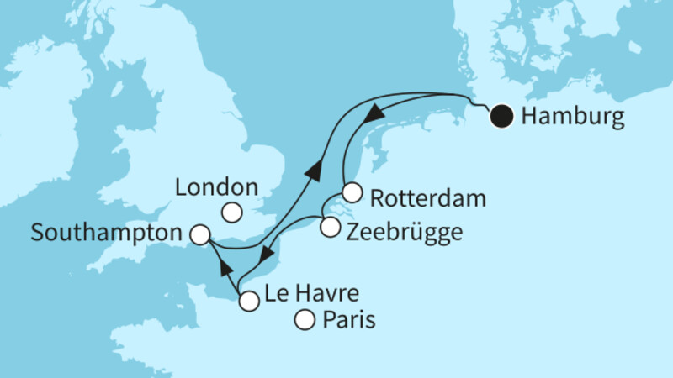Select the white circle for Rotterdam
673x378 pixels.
[x=352, y=192]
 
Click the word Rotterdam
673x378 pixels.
[x=427, y=198]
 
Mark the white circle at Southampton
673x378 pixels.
[x=200, y=235]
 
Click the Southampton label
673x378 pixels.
[x=107, y=232]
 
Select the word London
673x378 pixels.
[x=215, y=186]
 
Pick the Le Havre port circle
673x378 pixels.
[x=248, y=301]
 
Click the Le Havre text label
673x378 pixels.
[x=311, y=295]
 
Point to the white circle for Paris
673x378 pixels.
[x=305, y=320]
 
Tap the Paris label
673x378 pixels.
[x=347, y=320]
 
